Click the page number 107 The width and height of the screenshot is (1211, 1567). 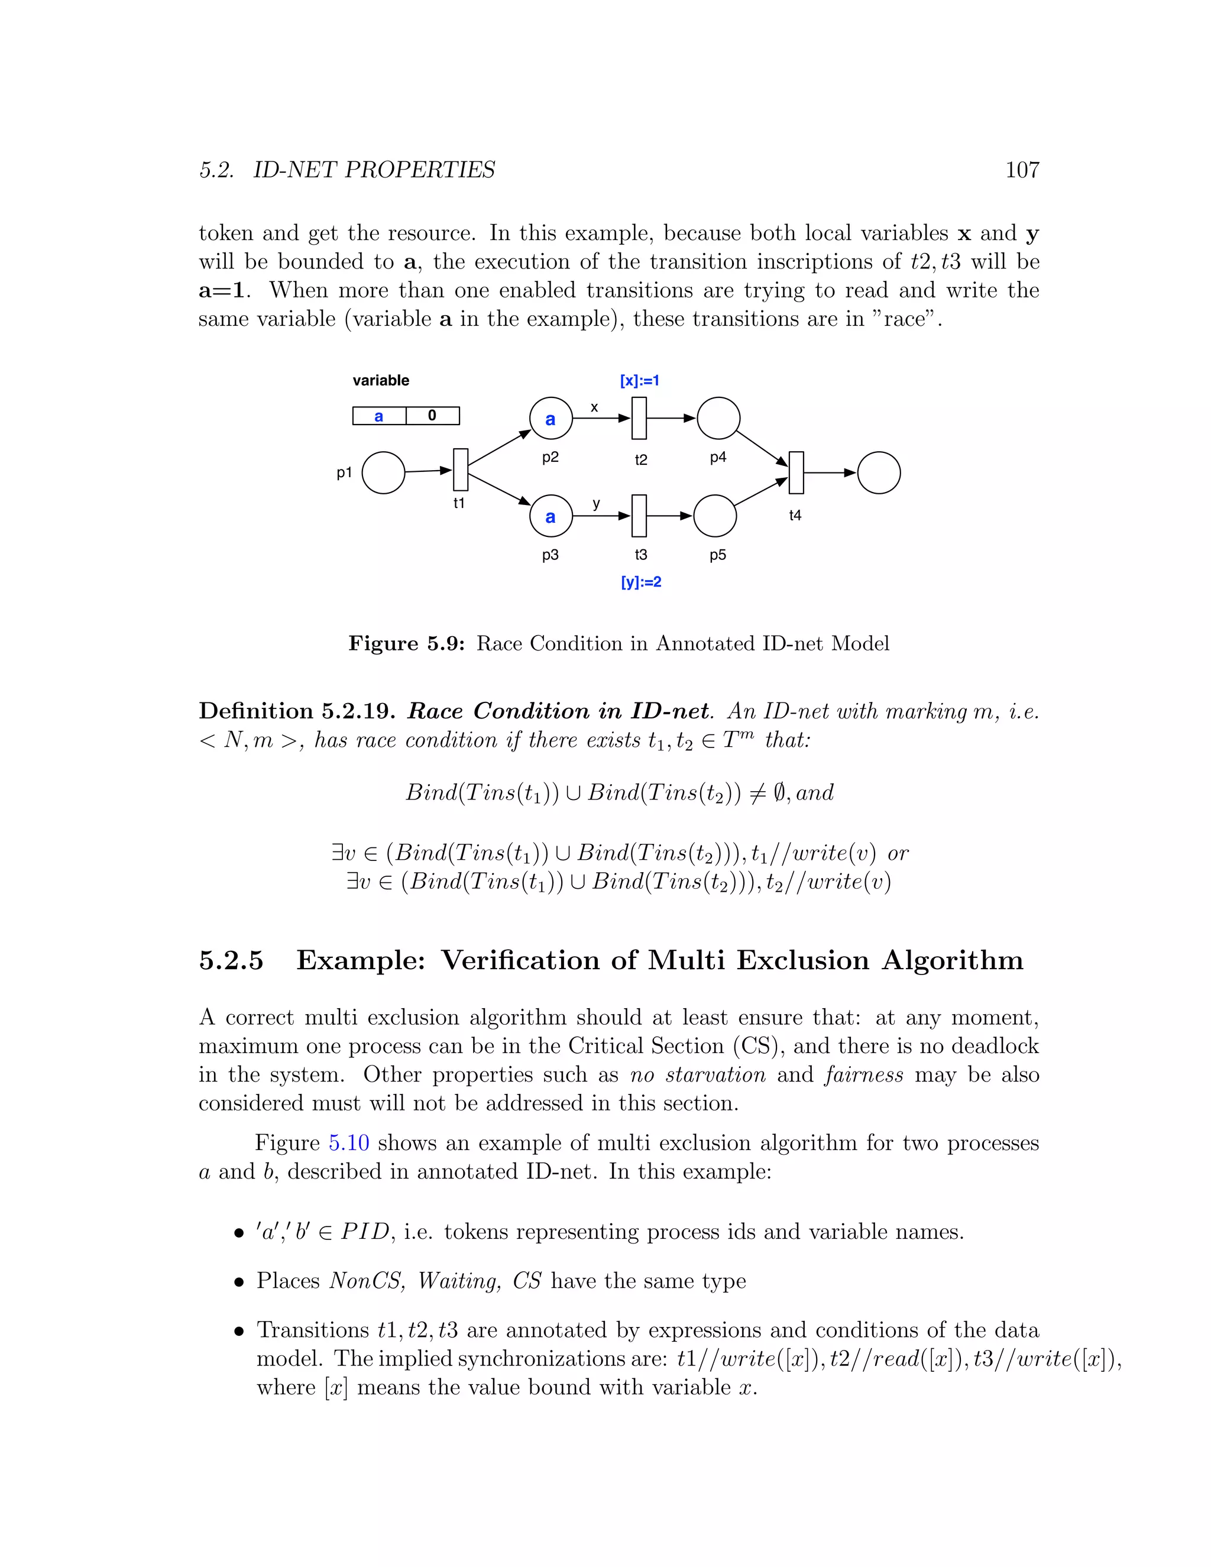click(x=1022, y=170)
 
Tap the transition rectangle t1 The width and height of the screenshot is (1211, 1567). click(x=461, y=470)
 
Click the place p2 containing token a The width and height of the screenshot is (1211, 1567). click(x=551, y=418)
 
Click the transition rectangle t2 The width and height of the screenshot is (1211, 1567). click(x=639, y=418)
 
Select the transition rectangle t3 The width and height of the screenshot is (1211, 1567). click(x=639, y=515)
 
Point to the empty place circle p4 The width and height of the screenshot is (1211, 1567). click(x=717, y=418)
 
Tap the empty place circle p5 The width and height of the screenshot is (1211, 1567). click(x=715, y=515)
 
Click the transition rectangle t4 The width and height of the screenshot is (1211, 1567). click(x=796, y=473)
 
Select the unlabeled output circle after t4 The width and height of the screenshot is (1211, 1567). click(x=878, y=473)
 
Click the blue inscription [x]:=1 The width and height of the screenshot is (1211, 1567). click(x=639, y=381)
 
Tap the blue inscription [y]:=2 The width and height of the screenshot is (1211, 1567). click(x=640, y=582)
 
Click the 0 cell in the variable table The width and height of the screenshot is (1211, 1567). click(x=432, y=416)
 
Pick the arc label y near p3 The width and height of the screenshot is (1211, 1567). click(x=596, y=504)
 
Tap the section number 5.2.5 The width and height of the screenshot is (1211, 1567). click(x=231, y=961)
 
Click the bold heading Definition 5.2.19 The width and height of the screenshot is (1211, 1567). click(x=297, y=711)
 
